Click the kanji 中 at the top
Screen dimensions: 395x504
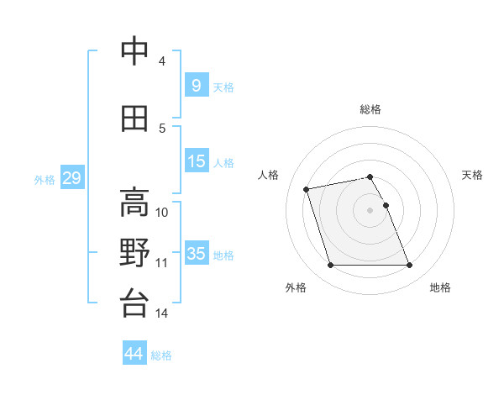coord(134,52)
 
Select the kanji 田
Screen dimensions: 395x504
coord(134,119)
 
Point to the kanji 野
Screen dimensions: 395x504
coord(134,254)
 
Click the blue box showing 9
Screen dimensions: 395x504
coord(196,86)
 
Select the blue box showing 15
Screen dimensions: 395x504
coord(196,161)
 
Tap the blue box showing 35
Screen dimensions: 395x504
coord(196,254)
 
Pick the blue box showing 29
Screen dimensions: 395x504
coord(71,178)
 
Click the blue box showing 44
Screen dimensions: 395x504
coord(134,354)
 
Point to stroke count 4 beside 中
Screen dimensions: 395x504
coord(162,61)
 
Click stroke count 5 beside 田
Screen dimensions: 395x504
coord(162,129)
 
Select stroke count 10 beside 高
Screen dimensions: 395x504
coord(162,213)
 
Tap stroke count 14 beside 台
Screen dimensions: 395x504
coord(162,313)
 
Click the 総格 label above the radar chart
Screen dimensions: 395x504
coord(370,109)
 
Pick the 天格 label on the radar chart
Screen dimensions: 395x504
coord(472,175)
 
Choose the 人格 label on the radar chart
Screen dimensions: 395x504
coord(269,175)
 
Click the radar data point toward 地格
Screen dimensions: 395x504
coord(409,266)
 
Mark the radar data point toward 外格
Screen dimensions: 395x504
coord(330,266)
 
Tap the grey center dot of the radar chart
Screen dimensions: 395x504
coord(370,209)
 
